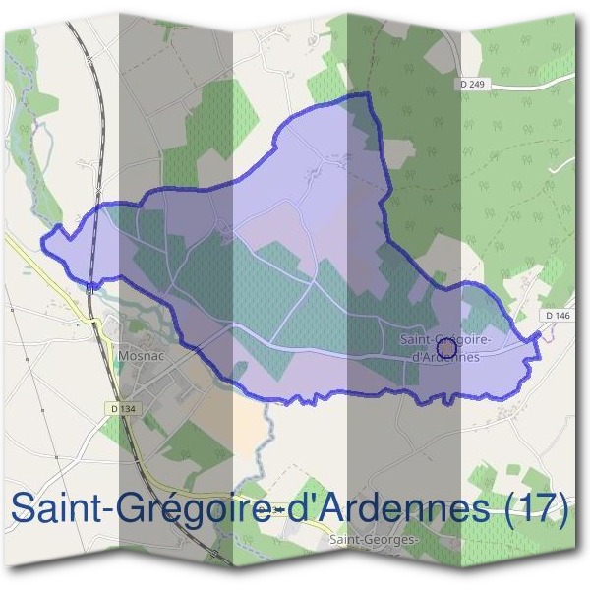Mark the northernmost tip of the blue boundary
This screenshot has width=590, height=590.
(368, 93)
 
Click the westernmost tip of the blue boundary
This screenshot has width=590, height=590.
(41, 239)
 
